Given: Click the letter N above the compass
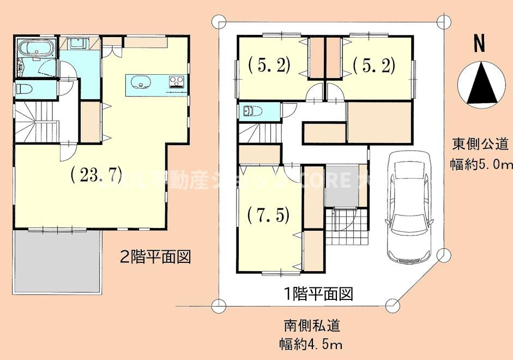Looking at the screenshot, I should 479,44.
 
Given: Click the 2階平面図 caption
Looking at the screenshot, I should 155,257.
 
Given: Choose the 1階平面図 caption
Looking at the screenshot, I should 318,295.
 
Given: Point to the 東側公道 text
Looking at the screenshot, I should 480,144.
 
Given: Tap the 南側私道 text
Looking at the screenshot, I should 312,326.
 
